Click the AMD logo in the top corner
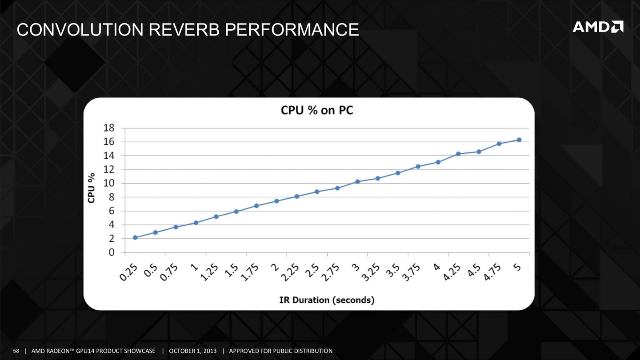[598, 27]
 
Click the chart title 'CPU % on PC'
[317, 111]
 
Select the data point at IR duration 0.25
[135, 237]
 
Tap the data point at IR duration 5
[519, 140]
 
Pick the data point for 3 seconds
[357, 181]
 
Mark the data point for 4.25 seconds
[458, 154]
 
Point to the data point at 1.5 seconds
[236, 211]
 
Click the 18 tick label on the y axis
[109, 128]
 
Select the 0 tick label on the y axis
[112, 252]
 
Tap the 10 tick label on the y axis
[109, 183]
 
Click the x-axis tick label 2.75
[331, 272]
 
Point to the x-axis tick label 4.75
[492, 272]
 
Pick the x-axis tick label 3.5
[393, 271]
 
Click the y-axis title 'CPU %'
[92, 188]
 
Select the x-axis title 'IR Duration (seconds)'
[327, 300]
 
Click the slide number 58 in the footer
[16, 351]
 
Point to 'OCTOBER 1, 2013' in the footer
[193, 351]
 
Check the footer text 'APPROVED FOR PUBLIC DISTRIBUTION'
[280, 351]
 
